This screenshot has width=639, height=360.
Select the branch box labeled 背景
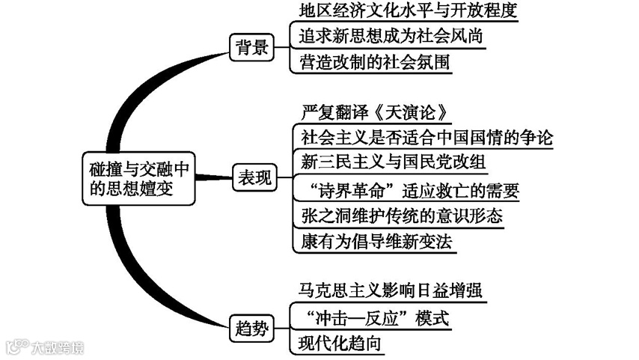(x=250, y=46)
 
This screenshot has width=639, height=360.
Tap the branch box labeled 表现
(x=254, y=178)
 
